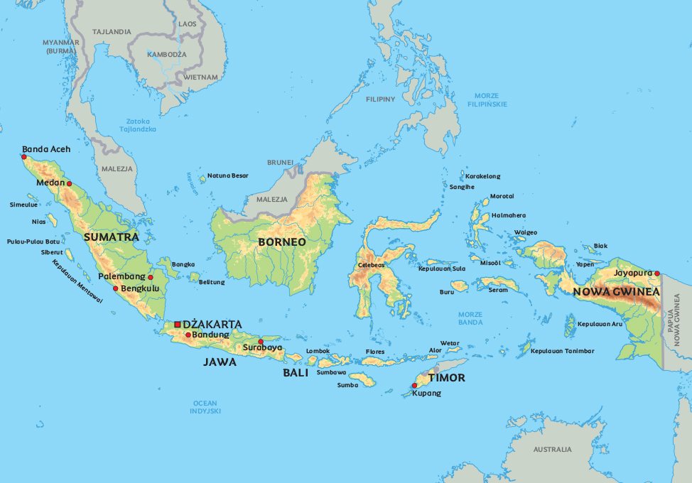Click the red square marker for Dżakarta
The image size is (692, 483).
click(x=177, y=325)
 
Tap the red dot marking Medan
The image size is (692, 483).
click(x=70, y=183)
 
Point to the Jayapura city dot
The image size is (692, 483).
click(x=657, y=273)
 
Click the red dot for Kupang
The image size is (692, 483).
click(x=414, y=386)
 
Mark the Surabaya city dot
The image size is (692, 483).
click(x=261, y=342)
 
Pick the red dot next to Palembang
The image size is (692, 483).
click(x=150, y=277)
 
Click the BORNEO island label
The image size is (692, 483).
click(x=282, y=242)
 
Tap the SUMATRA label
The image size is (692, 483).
click(x=111, y=237)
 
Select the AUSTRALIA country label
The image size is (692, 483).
click(x=552, y=450)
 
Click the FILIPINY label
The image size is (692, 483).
click(x=380, y=99)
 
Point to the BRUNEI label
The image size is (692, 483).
click(x=280, y=163)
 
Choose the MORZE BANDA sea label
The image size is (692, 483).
click(x=470, y=318)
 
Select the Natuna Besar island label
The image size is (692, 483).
click(x=228, y=175)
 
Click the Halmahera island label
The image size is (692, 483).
click(x=509, y=215)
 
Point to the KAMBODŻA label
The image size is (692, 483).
click(x=166, y=55)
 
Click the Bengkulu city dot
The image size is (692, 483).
click(x=115, y=288)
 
